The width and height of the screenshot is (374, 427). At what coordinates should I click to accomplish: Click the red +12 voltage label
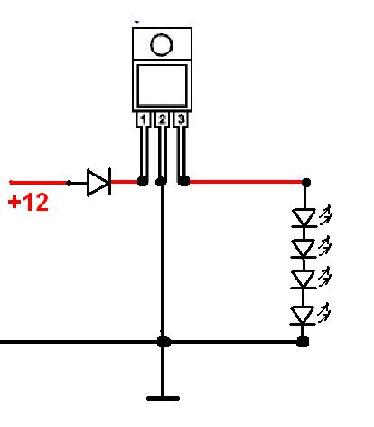coord(28,203)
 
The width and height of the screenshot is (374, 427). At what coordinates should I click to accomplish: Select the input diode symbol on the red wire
coord(98,182)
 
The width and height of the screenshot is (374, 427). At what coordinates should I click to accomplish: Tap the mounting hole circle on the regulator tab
coord(162,45)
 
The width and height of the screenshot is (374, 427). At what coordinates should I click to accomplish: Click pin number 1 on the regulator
coord(143,119)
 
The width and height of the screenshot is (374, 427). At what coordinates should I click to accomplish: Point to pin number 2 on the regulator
coord(162,119)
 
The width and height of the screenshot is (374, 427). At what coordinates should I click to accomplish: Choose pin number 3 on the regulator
coord(181,119)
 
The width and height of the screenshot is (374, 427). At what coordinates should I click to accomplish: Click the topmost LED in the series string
coord(304,217)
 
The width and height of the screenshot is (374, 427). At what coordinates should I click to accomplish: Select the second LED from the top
coord(304,249)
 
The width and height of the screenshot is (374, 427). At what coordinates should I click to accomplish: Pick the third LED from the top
coord(304,280)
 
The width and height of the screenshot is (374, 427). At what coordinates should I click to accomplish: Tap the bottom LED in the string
coord(303,316)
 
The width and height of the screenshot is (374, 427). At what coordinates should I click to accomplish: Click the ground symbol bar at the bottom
coord(163,398)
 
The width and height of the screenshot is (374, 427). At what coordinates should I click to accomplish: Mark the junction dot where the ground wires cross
coord(164,342)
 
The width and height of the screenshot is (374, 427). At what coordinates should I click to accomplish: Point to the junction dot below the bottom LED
coord(303,342)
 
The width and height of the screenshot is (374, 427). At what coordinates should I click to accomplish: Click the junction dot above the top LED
coord(306,183)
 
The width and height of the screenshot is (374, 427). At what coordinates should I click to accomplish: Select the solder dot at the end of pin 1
coord(143,181)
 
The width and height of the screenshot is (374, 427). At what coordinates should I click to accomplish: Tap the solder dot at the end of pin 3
coord(183,181)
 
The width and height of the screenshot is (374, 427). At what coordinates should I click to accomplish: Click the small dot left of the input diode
coord(69,183)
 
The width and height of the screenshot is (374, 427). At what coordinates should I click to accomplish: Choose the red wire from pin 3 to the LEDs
coord(246,182)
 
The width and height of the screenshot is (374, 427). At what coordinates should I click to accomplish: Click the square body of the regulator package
coord(162,86)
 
